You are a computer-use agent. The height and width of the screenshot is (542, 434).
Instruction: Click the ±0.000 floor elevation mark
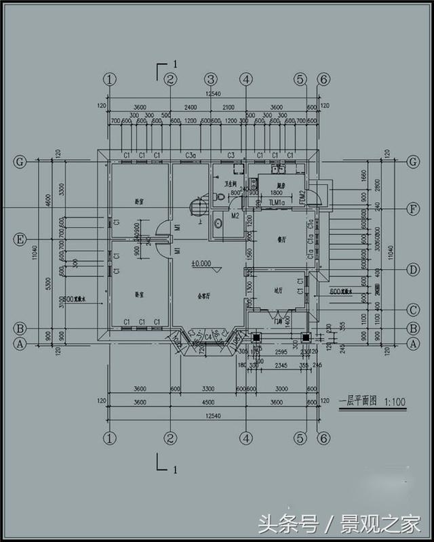[202, 263]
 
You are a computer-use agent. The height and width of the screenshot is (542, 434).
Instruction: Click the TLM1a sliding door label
[277, 203]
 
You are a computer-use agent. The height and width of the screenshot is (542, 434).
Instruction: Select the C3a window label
[191, 156]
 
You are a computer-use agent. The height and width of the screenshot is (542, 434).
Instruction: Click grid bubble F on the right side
[412, 208]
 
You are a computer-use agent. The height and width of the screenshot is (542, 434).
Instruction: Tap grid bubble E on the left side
[20, 239]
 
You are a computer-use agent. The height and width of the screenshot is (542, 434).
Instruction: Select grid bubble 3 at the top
[211, 79]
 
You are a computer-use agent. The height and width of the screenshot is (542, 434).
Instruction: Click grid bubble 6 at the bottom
[323, 437]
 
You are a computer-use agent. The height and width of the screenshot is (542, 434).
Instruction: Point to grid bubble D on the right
[412, 270]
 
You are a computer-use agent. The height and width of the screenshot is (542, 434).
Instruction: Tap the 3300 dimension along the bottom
[209, 390]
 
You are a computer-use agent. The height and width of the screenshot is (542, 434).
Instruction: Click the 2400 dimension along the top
[191, 107]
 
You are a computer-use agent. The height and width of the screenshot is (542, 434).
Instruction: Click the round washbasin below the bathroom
[218, 222]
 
